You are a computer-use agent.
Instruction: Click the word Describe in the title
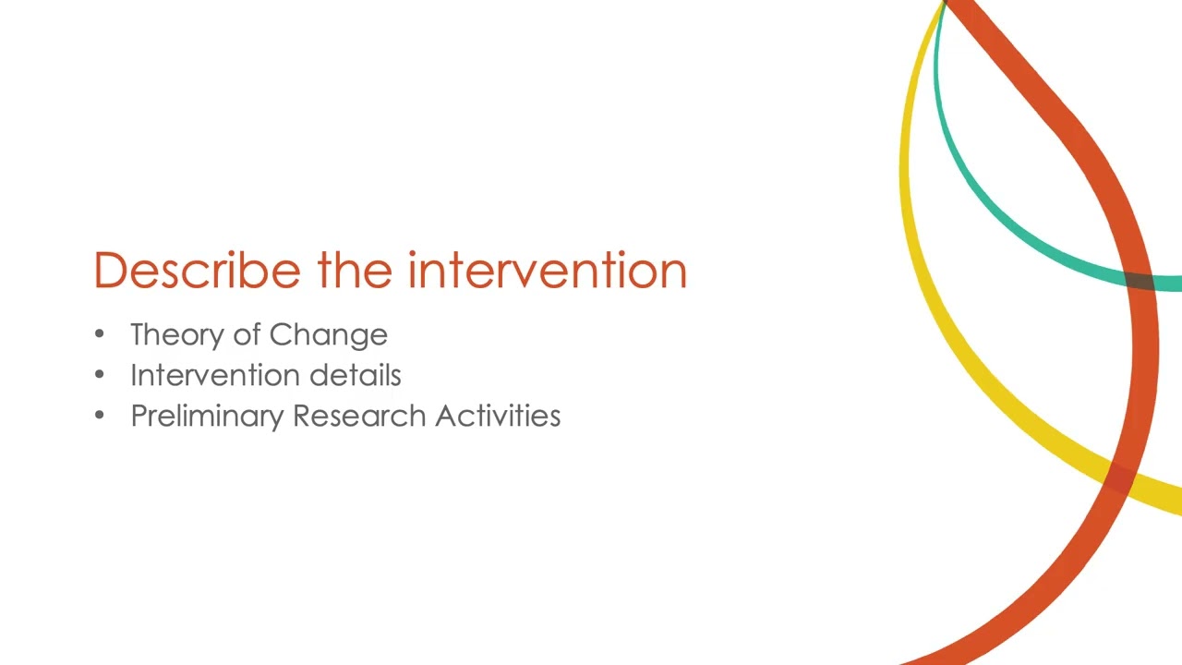(197, 271)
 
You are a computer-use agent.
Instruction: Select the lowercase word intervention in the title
(547, 271)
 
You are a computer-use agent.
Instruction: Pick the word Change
(328, 335)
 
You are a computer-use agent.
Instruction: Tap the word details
(355, 375)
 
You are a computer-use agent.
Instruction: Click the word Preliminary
(208, 417)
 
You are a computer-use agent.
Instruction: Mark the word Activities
(498, 416)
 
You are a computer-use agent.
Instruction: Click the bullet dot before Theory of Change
(100, 334)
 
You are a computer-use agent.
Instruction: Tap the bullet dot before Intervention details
(100, 375)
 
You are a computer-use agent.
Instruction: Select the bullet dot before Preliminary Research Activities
(100, 416)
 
